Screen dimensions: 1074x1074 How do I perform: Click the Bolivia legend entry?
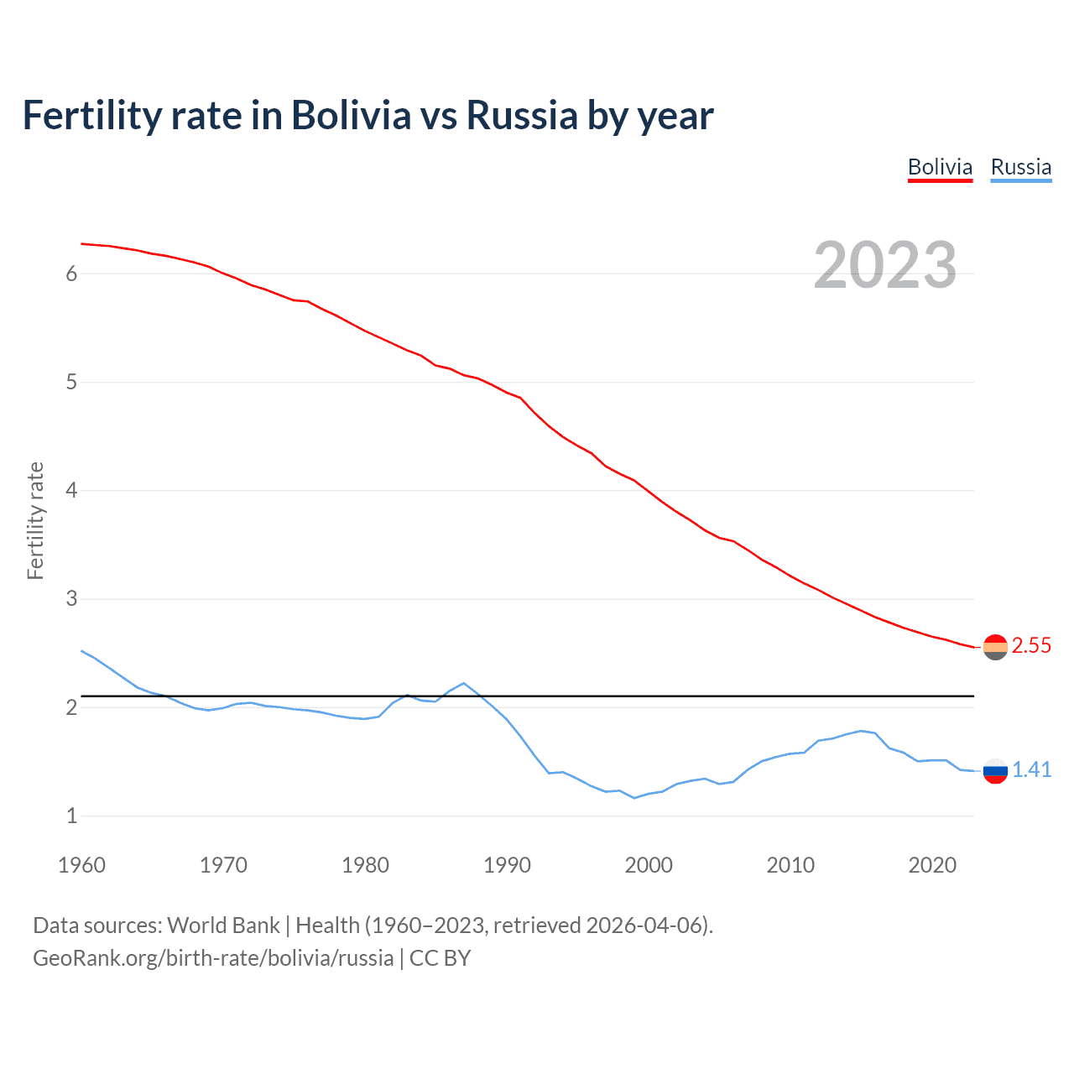(940, 167)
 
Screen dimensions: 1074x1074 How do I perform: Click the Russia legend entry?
(1020, 167)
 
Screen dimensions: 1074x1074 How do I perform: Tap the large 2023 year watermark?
(884, 265)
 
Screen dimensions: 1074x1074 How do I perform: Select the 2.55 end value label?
(1031, 645)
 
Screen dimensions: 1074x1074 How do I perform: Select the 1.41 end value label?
(1031, 769)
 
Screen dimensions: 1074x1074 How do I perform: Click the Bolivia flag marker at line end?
(995, 647)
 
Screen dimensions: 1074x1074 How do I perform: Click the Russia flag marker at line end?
(995, 770)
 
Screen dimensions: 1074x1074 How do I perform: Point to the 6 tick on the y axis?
(71, 274)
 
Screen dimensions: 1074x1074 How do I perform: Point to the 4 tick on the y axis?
(71, 490)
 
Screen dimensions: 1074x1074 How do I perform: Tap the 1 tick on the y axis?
(71, 816)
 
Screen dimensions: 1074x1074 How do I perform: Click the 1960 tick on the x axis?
(81, 865)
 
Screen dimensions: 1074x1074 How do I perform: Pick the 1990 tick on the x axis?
(507, 865)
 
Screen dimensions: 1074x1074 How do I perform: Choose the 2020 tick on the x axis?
(932, 865)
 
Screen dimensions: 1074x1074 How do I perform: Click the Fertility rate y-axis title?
(35, 520)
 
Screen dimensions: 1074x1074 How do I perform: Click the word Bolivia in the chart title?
(351, 116)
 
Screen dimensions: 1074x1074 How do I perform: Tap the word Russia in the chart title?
(522, 116)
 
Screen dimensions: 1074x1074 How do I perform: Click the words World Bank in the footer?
(223, 925)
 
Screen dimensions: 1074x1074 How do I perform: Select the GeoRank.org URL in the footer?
(213, 958)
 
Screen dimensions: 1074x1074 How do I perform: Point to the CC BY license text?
(440, 958)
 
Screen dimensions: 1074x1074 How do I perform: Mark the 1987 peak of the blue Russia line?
(464, 683)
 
